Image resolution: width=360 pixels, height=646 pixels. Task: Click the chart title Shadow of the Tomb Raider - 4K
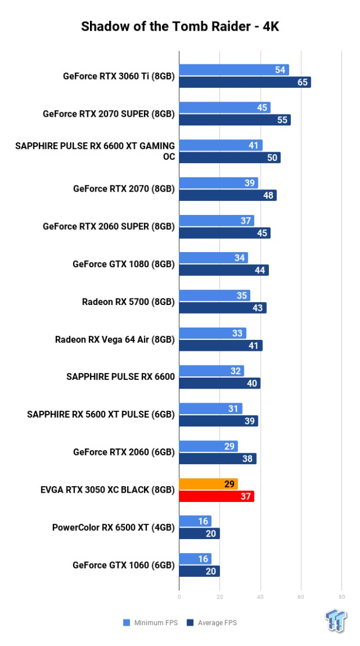pos(180,26)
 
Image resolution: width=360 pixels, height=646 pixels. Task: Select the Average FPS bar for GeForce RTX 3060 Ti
pos(244,82)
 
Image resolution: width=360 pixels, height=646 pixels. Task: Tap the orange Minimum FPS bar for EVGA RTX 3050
pos(208,483)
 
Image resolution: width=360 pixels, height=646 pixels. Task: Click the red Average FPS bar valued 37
pos(216,496)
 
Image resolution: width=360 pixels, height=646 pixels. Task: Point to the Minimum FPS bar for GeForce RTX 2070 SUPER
pos(224,107)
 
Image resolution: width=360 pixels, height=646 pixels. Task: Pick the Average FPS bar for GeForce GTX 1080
pos(224,270)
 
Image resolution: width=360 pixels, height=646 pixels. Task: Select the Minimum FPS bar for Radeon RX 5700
pos(214,295)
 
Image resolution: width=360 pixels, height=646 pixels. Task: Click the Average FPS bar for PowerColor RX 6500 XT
pos(199,533)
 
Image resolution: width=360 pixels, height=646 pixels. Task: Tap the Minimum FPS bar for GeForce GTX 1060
pos(195,559)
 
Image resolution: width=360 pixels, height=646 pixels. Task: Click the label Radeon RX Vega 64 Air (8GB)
pos(114,339)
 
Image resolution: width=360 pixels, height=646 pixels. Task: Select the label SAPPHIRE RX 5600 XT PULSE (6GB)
pos(100,414)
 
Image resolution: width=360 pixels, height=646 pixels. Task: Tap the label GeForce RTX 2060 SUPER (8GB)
pos(109,227)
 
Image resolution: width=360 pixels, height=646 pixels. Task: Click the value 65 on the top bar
pos(303,82)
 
